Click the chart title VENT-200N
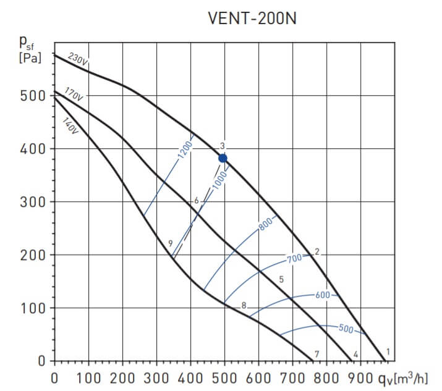(253, 19)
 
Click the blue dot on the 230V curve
(223, 158)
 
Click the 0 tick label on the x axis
(54, 377)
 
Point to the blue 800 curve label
(265, 225)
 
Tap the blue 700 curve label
(295, 257)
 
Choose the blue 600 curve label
(323, 295)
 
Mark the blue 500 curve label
(346, 329)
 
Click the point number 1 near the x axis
(388, 352)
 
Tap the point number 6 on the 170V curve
(196, 201)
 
